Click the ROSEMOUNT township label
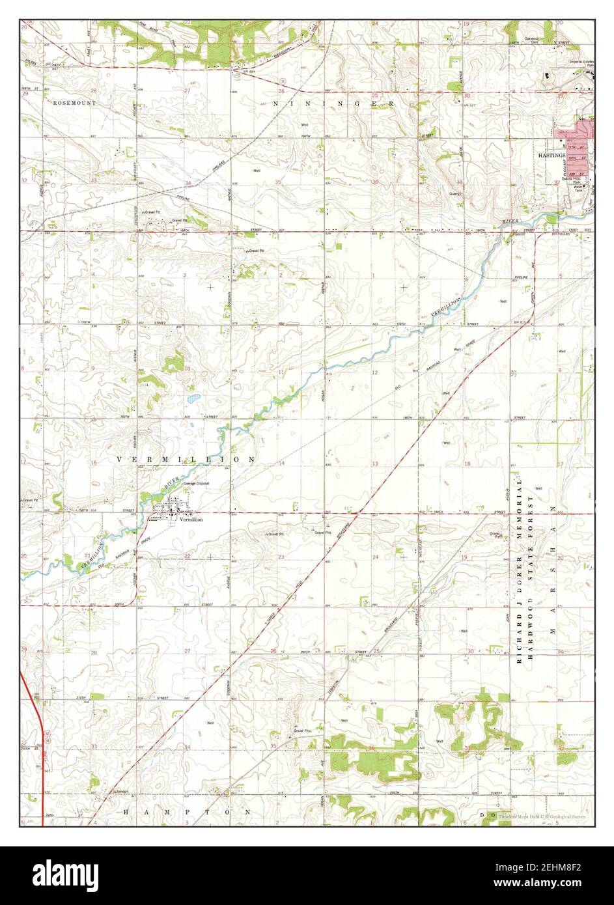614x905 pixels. point(75,103)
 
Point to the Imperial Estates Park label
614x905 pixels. point(578,63)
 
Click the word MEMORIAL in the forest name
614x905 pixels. point(520,508)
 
